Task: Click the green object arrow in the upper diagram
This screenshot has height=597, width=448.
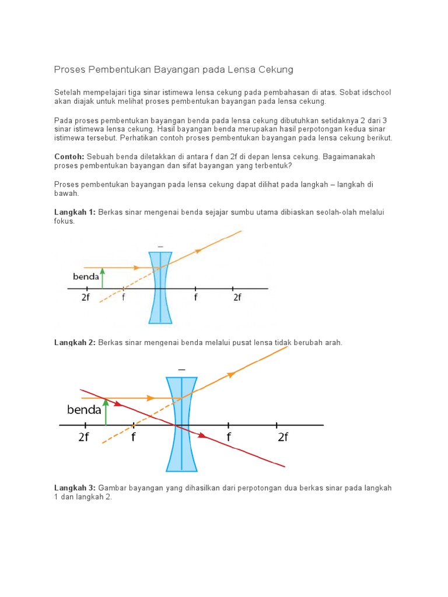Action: [103, 278]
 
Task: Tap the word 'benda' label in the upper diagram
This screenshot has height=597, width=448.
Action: [86, 277]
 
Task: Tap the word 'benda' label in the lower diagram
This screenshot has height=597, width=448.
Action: [84, 410]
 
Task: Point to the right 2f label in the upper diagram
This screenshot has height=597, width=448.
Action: [237, 297]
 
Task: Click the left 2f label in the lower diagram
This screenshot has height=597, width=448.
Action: [84, 438]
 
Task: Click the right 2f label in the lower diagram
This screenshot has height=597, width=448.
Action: [283, 438]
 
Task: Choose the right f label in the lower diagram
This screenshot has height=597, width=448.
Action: [229, 438]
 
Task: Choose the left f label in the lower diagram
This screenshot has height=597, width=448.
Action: [133, 438]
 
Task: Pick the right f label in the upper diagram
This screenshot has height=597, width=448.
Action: [195, 297]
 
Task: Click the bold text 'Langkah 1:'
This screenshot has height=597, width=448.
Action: [75, 212]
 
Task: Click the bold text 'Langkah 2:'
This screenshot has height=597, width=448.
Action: [75, 342]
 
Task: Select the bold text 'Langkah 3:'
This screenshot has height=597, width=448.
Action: [75, 487]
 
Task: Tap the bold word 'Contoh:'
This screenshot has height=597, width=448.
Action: [69, 157]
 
